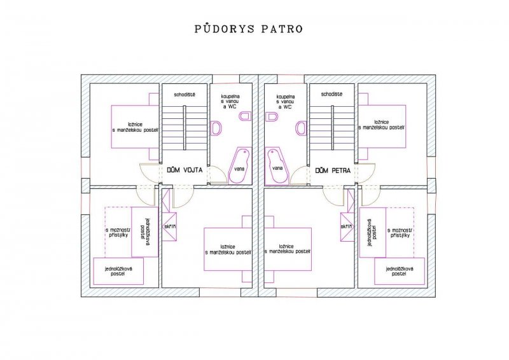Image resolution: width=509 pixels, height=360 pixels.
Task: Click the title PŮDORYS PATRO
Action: (249, 29)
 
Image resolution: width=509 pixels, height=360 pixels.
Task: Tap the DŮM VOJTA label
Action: (185, 170)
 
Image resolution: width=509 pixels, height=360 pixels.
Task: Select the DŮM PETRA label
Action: (333, 170)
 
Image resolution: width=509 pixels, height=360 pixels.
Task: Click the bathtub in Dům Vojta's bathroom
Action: (240, 165)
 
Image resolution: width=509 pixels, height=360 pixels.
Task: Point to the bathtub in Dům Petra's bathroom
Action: (276, 165)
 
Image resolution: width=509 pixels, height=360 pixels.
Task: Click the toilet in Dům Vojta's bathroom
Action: (246, 116)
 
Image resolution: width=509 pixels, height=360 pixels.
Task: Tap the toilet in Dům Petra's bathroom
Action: (271, 116)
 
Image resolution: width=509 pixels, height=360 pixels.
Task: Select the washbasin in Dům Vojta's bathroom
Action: (215, 128)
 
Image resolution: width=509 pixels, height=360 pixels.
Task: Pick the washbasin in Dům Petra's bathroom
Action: (301, 128)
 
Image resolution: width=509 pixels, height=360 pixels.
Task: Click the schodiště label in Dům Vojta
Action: (185, 95)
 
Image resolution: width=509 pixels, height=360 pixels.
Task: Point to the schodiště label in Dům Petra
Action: (331, 95)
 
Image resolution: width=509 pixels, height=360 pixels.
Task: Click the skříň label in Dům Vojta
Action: (169, 226)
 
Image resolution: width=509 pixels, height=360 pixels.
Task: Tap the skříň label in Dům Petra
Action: (347, 226)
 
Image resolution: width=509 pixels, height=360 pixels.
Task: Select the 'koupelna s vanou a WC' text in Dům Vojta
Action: (230, 102)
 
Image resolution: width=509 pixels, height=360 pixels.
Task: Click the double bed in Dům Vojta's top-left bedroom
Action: (136, 127)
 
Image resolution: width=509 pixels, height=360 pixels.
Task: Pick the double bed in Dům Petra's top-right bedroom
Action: (382, 127)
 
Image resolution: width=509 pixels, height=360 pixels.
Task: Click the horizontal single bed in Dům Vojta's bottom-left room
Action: (118, 272)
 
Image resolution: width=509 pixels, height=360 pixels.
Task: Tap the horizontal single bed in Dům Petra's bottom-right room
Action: (400, 272)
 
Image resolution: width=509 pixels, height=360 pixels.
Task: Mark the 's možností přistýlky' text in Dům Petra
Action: (401, 233)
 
